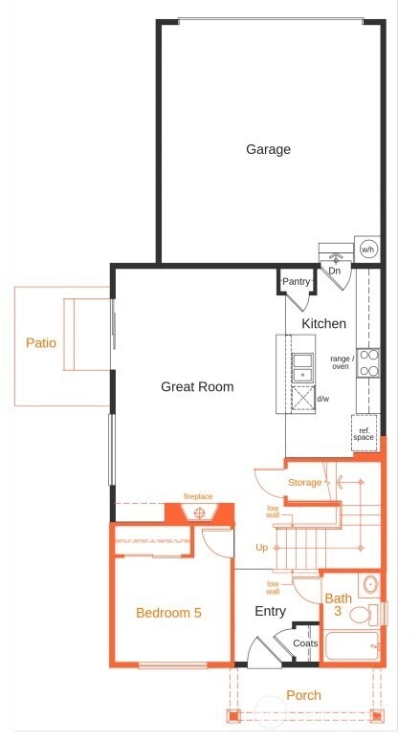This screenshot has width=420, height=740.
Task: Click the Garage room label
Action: (268, 149)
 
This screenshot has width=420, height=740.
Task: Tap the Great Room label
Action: (197, 387)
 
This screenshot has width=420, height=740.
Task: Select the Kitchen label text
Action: (323, 324)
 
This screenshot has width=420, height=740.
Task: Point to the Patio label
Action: (41, 342)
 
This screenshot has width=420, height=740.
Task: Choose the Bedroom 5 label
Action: (168, 613)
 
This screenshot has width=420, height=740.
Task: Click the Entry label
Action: (270, 611)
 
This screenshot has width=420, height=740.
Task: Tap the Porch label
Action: (304, 695)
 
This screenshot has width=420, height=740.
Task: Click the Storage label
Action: (304, 483)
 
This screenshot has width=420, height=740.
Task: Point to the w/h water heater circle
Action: (367, 250)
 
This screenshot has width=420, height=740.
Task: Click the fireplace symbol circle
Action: (199, 512)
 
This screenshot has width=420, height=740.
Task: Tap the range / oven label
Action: (342, 362)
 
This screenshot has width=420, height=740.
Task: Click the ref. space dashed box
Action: (365, 432)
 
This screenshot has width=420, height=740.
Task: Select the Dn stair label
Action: (334, 272)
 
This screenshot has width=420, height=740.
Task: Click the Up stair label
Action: (261, 548)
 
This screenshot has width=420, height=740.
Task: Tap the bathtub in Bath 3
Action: (351, 648)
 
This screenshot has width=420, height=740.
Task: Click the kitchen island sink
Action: (302, 361)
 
